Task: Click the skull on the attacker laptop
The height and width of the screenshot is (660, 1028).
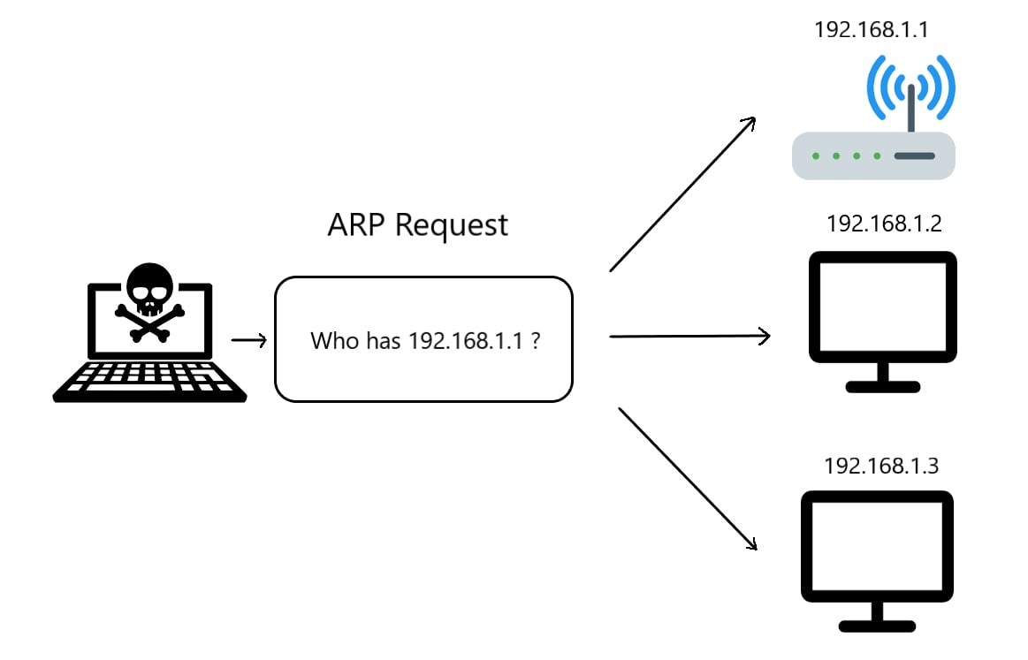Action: pyautogui.click(x=148, y=286)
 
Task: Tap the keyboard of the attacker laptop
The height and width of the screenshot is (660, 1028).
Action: pyautogui.click(x=148, y=378)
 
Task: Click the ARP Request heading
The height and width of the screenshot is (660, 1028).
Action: pyautogui.click(x=417, y=224)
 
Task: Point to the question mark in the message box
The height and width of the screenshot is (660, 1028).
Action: pyautogui.click(x=536, y=341)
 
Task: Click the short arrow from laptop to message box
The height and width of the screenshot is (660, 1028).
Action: pyautogui.click(x=248, y=340)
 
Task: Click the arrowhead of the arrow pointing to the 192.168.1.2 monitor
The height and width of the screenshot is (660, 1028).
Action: pyautogui.click(x=765, y=336)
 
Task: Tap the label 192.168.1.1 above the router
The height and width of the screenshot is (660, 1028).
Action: pyautogui.click(x=871, y=30)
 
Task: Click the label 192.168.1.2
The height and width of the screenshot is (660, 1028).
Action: pyautogui.click(x=884, y=224)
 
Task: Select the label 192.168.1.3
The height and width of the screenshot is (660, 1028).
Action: pyautogui.click(x=880, y=466)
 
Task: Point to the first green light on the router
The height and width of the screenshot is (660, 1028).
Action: pyautogui.click(x=814, y=156)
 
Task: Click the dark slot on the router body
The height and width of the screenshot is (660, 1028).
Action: pyautogui.click(x=913, y=156)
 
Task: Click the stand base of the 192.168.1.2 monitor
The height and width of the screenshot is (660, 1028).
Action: pyautogui.click(x=883, y=387)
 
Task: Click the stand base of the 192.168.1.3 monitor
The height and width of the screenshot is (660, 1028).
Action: pyautogui.click(x=877, y=626)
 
